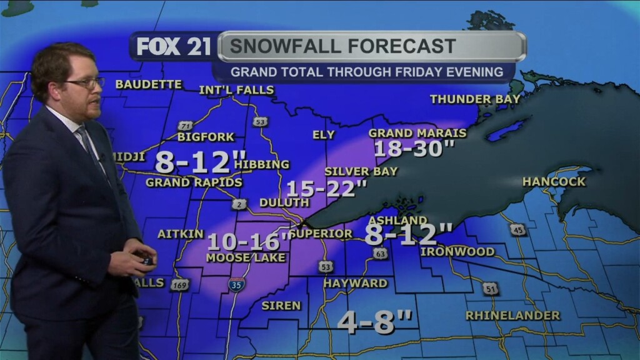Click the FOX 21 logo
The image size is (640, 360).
tap(173, 47)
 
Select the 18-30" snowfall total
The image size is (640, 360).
tap(414, 149)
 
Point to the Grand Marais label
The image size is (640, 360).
tap(417, 132)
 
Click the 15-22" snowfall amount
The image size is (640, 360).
tap(326, 187)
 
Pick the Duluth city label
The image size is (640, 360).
tap(284, 202)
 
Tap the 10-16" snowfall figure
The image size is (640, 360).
tap(249, 241)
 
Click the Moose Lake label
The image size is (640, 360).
tap(246, 257)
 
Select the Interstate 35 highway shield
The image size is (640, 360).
tap(237, 284)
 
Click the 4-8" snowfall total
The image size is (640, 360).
tap(375, 322)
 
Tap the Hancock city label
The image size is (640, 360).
tap(554, 182)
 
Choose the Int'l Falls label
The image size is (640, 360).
tap(236, 90)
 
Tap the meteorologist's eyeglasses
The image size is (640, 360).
tap(84, 83)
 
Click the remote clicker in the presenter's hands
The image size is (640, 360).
tap(147, 258)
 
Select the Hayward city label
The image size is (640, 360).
tap(355, 283)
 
